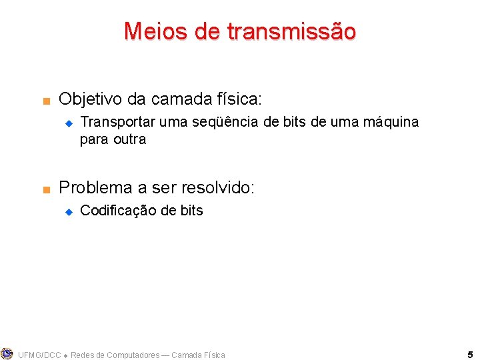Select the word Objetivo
click(91, 99)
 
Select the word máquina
click(390, 122)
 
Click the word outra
click(129, 139)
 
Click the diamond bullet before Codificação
click(67, 211)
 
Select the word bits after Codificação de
click(191, 211)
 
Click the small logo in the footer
click(7, 353)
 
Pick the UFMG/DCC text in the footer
click(39, 355)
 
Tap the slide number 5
click(470, 355)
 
